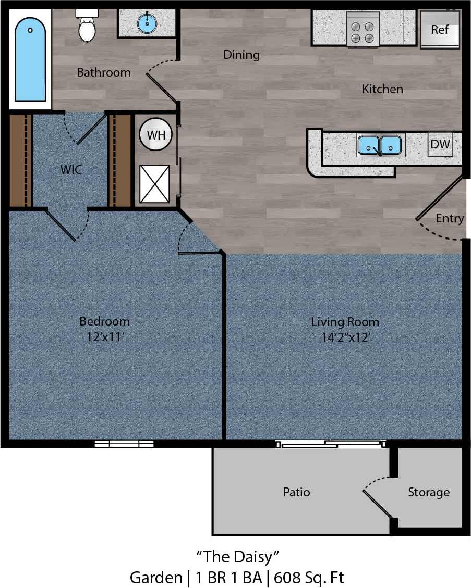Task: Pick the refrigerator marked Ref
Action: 440,30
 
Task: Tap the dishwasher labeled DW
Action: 440,144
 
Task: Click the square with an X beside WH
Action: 154,183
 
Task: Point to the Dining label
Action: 241,54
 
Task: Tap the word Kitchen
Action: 382,89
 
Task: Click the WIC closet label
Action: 71,169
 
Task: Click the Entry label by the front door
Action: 450,218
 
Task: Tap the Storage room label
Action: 428,492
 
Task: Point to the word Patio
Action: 296,492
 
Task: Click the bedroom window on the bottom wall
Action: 124,444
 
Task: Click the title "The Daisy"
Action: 235,557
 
